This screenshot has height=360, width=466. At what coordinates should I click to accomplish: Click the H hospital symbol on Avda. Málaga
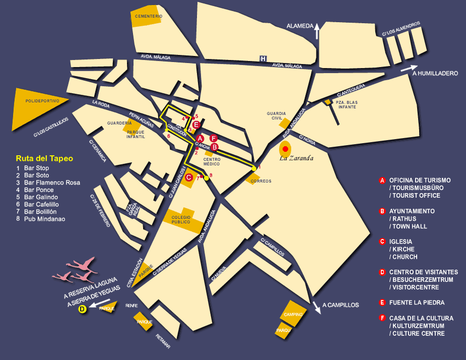pyautogui.click(x=263, y=59)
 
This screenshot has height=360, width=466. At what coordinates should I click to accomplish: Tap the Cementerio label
pyautogui.click(x=148, y=16)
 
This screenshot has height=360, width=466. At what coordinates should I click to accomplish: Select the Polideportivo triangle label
pyautogui.click(x=43, y=101)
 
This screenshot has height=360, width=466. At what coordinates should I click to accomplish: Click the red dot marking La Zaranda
pyautogui.click(x=285, y=149)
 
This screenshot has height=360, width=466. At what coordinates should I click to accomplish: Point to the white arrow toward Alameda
pyautogui.click(x=316, y=31)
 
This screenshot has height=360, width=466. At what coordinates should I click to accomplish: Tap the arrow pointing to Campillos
pyautogui.click(x=316, y=307)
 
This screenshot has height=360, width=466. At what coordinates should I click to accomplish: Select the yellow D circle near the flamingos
pyautogui.click(x=83, y=310)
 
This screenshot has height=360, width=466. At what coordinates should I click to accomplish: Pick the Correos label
pyautogui.click(x=261, y=181)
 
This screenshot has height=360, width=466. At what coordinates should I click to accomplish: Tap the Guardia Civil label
pyautogui.click(x=277, y=116)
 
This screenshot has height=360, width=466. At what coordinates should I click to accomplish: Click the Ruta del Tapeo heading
pyautogui.click(x=44, y=158)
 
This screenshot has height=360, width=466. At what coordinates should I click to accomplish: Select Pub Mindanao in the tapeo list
pyautogui.click(x=44, y=219)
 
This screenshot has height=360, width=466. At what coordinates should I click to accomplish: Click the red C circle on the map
pyautogui.click(x=188, y=177)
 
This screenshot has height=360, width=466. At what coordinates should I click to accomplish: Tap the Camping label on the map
pyautogui.click(x=293, y=314)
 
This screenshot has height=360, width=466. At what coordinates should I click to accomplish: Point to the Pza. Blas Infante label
pyautogui.click(x=347, y=104)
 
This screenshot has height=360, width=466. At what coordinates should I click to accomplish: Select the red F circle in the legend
pyautogui.click(x=382, y=318)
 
